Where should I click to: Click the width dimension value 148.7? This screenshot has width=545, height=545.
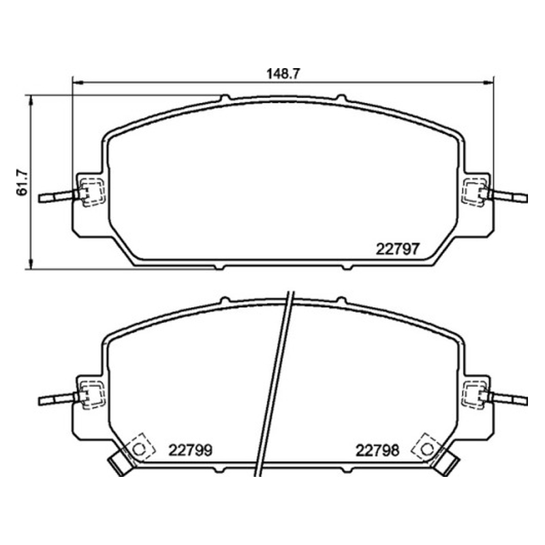(x=283, y=74)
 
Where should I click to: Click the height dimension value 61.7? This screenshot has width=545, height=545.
(x=22, y=183)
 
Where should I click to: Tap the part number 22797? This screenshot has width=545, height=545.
(x=398, y=249)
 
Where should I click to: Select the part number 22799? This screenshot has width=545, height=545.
(x=190, y=450)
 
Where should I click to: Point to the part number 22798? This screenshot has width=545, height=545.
(x=377, y=450)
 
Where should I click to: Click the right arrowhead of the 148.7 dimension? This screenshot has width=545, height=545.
(x=488, y=82)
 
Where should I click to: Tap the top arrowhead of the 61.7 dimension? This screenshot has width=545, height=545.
(x=31, y=100)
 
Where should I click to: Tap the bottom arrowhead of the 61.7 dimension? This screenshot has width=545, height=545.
(x=31, y=264)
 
